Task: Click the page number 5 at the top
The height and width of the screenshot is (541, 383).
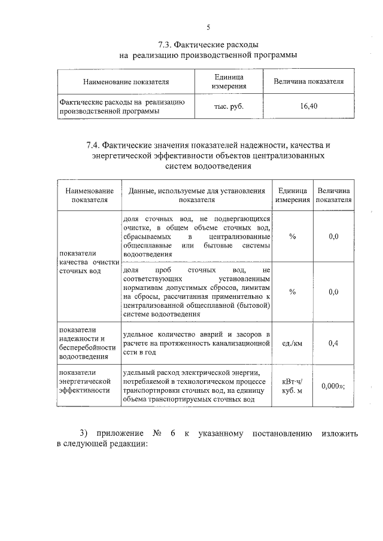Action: click(208, 27)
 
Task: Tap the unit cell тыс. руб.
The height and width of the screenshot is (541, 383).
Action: click(229, 106)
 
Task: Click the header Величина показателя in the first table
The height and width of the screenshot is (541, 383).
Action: click(309, 81)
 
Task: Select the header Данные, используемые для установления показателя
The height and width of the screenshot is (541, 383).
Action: click(196, 195)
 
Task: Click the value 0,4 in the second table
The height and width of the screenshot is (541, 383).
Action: click(334, 343)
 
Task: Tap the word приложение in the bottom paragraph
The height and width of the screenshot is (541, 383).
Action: click(114, 432)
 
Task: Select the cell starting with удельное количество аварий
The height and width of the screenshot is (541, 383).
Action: click(196, 343)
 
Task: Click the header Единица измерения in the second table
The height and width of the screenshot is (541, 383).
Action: click(292, 195)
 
